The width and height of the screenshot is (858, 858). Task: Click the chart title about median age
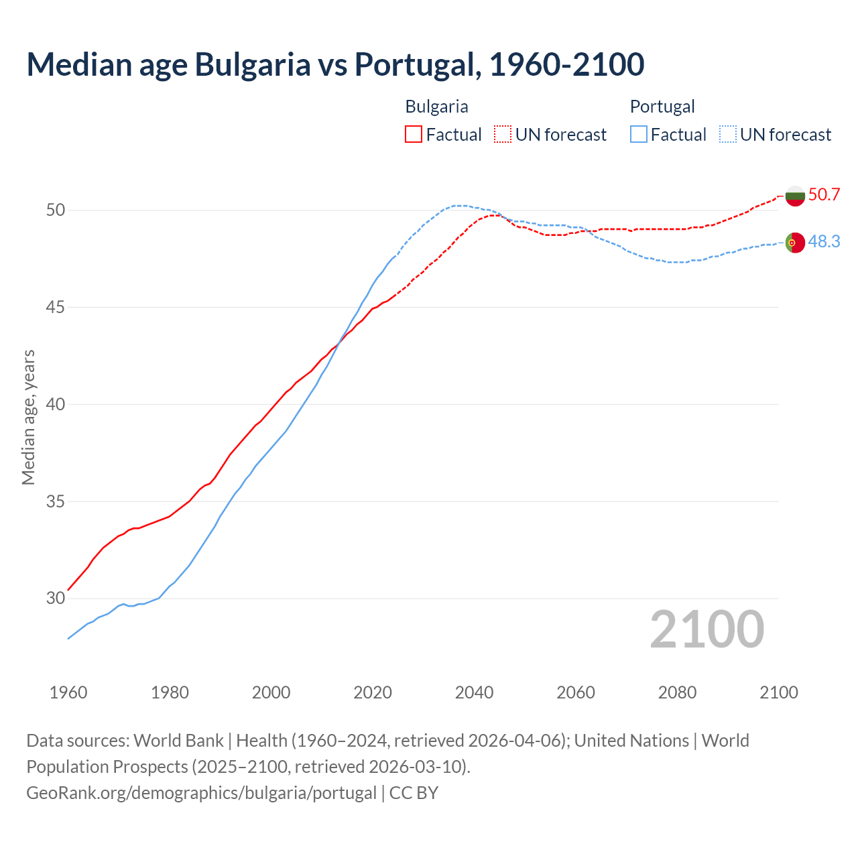335,64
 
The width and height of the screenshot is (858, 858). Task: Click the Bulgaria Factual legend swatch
414,134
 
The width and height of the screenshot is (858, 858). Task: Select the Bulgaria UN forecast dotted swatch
503,134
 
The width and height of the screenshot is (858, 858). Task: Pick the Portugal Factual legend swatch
639,134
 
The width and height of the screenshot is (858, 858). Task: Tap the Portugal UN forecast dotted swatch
728,134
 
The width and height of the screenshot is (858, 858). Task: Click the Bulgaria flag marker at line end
795,196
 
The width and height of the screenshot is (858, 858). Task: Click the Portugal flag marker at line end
795,242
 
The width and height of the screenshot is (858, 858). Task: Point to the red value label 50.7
824,195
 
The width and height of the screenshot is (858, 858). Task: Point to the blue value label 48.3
824,241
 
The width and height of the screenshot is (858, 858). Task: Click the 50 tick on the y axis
56,210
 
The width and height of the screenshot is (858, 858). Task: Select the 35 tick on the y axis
56,501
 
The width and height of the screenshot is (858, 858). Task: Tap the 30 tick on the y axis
56,598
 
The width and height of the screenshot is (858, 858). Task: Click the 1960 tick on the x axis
68,692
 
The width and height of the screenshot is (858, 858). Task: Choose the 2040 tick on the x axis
474,692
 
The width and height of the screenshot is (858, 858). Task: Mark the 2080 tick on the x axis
677,692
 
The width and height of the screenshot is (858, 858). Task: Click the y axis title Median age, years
28,417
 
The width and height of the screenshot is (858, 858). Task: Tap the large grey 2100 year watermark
707,629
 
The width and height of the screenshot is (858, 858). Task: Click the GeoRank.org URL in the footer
201,792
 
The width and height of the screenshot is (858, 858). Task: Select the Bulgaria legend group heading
436,107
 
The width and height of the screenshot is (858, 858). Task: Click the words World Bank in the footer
178,741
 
